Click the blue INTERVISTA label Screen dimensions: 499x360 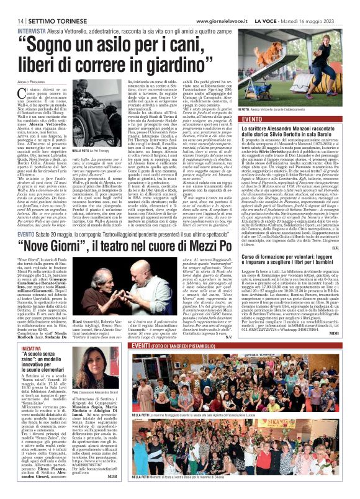pos(31,30)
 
